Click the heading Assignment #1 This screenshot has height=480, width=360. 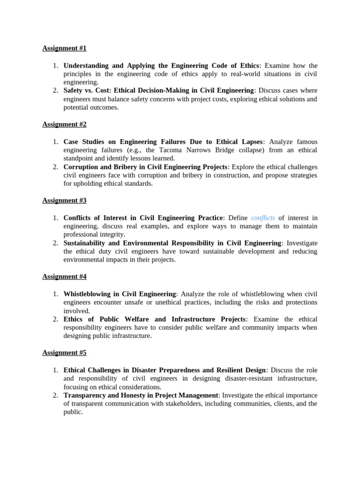click(x=64, y=48)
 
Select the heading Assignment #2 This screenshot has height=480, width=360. click(x=64, y=124)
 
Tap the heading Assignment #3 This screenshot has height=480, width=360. click(x=64, y=200)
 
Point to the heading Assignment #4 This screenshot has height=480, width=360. click(x=64, y=277)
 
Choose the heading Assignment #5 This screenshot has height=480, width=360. click(x=64, y=352)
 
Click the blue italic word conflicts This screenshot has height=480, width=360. click(x=263, y=218)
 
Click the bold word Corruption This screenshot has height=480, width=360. click(x=81, y=167)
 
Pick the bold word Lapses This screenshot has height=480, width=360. click(x=252, y=142)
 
